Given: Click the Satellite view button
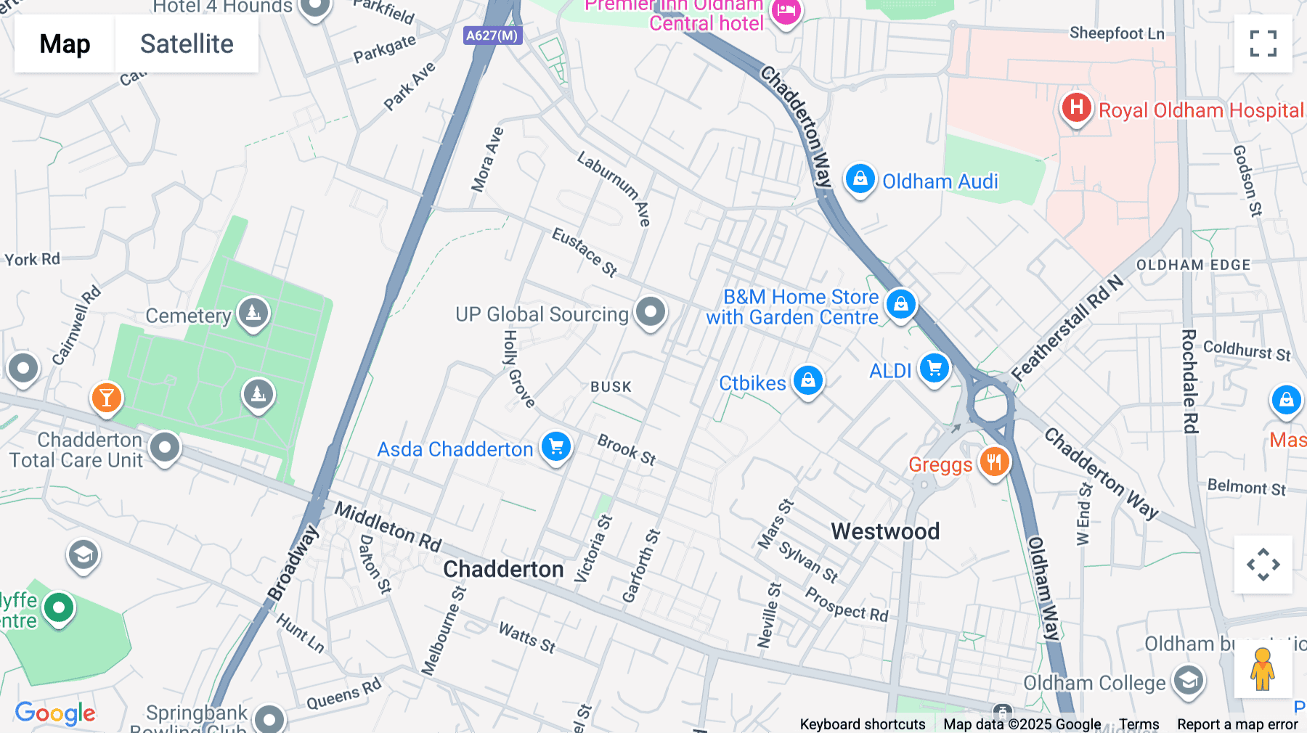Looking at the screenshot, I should click(187, 44).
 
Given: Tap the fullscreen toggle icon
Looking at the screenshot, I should click(1263, 44).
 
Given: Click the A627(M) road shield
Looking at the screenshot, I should click(492, 35).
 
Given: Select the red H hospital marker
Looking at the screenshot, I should click(1076, 108).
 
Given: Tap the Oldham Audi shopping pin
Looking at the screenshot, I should click(860, 179).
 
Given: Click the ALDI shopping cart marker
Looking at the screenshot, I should click(934, 369).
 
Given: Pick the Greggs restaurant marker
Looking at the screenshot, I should click(994, 462).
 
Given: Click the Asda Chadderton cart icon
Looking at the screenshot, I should click(556, 447).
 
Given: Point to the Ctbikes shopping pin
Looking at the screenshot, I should click(807, 380).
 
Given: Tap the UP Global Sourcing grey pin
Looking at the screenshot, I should click(650, 312).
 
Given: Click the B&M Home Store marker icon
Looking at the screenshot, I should click(900, 304).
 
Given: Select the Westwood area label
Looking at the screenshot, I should click(884, 531).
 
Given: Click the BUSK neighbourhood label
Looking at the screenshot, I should click(611, 387).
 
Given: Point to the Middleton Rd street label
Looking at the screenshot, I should click(388, 527).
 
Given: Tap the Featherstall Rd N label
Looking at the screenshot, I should click(1067, 328).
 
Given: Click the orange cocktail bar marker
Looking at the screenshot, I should click(107, 398).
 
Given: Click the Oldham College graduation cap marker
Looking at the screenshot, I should click(1188, 681).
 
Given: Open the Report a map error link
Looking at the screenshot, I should click(1237, 724).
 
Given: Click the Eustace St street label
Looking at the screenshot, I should click(585, 252).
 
